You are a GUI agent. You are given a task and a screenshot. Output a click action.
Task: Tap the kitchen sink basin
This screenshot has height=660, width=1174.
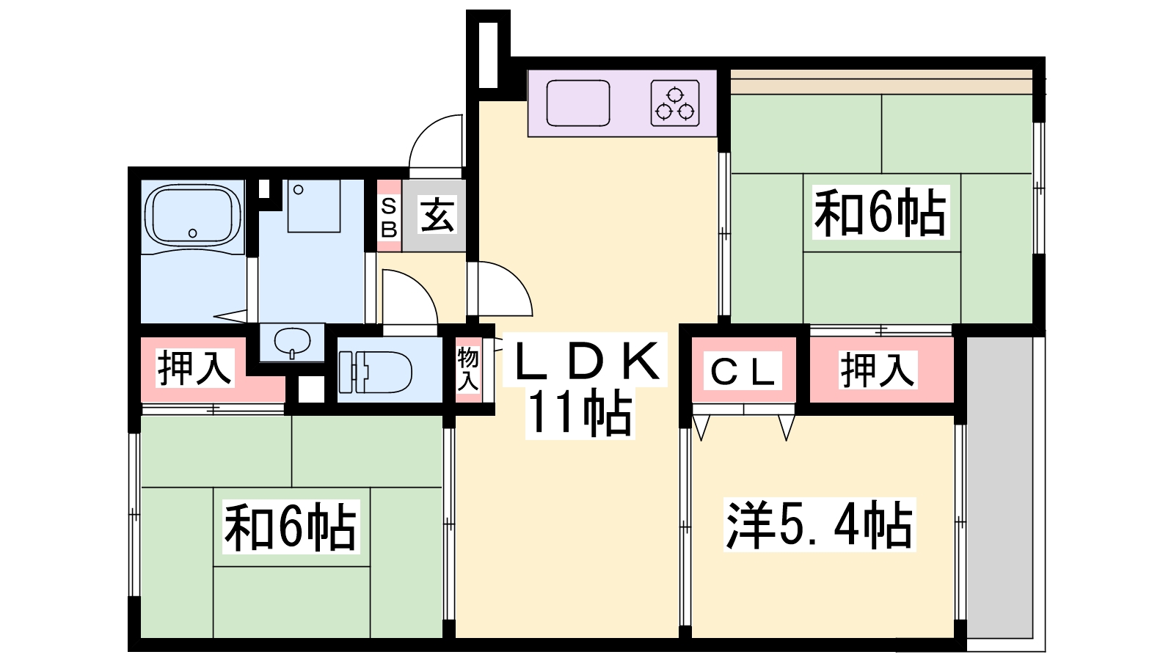[578, 103]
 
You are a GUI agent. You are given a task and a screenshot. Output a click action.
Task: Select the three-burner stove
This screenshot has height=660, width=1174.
[674, 103]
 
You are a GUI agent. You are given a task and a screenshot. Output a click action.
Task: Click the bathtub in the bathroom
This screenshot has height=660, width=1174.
[193, 214]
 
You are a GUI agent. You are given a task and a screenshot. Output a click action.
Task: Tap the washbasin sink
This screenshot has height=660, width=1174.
[292, 341]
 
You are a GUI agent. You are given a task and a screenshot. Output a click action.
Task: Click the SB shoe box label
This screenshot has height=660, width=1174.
[389, 218]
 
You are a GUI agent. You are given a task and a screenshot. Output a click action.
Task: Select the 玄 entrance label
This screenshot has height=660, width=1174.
[437, 216]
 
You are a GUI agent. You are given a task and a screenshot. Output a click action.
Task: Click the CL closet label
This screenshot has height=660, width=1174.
[743, 371]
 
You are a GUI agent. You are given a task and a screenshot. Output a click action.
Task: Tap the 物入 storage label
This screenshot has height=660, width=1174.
[467, 369]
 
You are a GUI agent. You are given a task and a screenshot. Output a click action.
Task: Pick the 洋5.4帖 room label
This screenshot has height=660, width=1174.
[819, 525]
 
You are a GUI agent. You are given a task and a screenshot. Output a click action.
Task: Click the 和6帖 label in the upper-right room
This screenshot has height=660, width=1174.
[880, 213]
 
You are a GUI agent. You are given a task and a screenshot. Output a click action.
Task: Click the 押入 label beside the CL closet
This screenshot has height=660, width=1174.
[878, 369]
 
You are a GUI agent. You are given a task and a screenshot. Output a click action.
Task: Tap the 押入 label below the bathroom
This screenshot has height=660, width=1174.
[195, 367]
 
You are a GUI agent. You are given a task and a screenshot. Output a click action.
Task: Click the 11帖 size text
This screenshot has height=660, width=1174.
[580, 414]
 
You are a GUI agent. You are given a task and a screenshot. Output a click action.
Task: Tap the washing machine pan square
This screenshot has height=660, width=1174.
[314, 206]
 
